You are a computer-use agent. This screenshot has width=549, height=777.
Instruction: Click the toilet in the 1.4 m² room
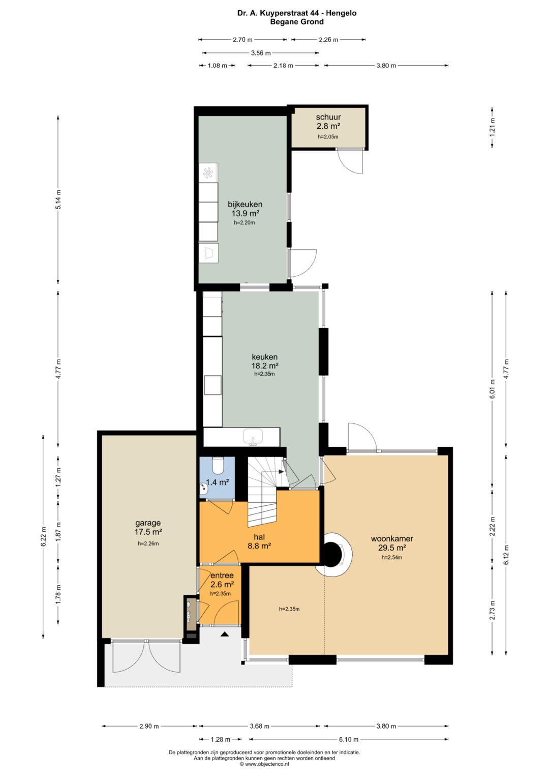click(219, 465)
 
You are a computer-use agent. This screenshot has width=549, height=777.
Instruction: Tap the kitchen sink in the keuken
click(253, 437)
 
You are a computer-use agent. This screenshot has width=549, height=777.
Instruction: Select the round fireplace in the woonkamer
click(333, 554)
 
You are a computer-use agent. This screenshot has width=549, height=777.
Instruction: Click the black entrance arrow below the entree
click(225, 635)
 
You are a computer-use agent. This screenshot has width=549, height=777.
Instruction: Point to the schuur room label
click(328, 117)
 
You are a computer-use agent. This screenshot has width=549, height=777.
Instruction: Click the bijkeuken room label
click(245, 204)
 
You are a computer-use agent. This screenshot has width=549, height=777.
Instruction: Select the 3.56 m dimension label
click(261, 53)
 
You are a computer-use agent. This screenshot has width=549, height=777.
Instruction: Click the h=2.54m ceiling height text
click(392, 557)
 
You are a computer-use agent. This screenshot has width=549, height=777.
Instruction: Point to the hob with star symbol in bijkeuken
click(208, 172)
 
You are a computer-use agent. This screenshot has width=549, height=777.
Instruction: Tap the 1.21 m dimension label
click(492, 127)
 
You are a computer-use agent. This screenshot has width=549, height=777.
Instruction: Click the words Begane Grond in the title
click(297, 22)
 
